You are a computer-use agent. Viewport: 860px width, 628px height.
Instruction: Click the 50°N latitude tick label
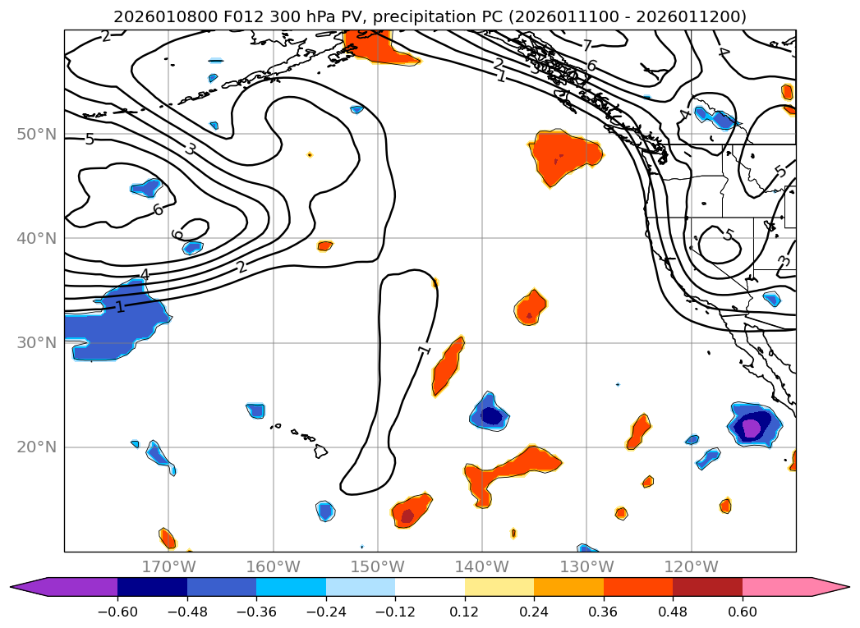pos(36,134)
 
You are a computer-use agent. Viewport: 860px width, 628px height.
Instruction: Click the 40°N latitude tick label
pos(36,239)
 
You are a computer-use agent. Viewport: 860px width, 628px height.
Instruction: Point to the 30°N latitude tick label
pos(36,343)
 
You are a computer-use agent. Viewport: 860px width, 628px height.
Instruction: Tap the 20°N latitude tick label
pos(36,447)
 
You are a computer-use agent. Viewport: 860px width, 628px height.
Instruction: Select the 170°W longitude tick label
pos(168,566)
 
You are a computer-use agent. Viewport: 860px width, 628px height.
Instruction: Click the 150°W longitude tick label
pos(378,566)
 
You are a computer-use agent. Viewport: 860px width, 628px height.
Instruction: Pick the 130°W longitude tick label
pos(586,566)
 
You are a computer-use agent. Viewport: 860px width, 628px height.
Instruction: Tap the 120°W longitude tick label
pos(691,566)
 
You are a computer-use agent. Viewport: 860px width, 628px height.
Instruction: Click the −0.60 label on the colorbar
pos(117,611)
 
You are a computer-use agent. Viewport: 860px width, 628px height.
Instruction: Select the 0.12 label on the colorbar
pos(465,611)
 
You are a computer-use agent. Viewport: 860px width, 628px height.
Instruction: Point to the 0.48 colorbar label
pos(673,611)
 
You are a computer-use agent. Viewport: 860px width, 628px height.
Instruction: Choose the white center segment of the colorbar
pos(430,587)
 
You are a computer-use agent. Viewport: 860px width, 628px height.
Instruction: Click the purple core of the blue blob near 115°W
pos(751,428)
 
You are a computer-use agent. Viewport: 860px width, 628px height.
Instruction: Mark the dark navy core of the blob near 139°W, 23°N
pos(491,415)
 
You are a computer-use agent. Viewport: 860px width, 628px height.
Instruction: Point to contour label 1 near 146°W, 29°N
pos(424,350)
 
